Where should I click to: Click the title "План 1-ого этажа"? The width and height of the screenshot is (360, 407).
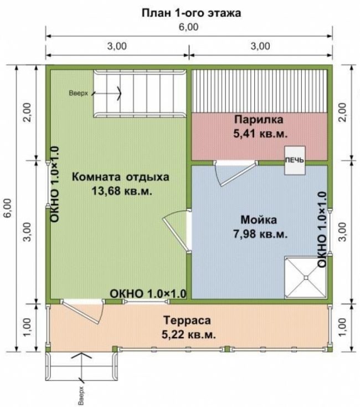pos(191,13)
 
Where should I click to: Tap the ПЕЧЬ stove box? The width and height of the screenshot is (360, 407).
pos(295,160)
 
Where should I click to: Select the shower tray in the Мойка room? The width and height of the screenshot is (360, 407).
pos(306,277)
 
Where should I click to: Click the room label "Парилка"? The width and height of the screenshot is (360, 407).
pos(259,120)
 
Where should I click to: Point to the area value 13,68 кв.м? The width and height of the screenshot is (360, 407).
pos(121,191)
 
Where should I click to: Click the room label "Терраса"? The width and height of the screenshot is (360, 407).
pos(187,320)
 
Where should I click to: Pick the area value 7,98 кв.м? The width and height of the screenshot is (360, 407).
pos(260,234)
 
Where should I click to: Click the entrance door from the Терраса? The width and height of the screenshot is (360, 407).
pos(83,311)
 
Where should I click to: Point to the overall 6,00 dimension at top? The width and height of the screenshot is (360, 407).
pos(189,27)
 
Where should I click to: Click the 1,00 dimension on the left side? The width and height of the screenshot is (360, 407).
pos(28,327)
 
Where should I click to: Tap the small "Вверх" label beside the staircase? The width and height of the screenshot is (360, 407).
pos(78,93)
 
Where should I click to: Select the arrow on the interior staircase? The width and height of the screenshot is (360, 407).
pos(106,93)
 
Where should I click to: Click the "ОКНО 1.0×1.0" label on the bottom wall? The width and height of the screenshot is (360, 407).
pos(148,293)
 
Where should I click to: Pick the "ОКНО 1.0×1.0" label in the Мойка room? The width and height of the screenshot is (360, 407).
pos(322,230)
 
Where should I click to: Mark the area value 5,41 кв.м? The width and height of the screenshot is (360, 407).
pos(260,134)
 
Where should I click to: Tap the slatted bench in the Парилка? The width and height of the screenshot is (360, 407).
pos(259,91)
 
